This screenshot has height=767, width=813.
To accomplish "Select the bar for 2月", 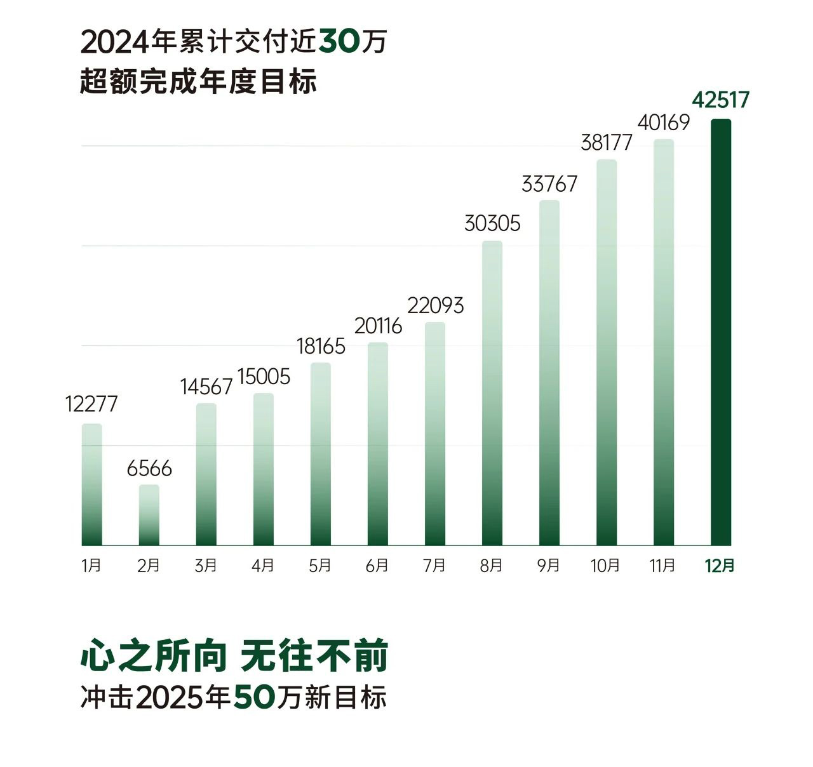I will tap(149, 515).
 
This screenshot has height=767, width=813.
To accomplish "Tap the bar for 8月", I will tap(492, 393).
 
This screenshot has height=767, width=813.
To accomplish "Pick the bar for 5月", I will tap(321, 454).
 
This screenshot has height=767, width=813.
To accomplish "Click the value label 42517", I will tap(720, 100).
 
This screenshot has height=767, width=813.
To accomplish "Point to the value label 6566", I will tap(149, 469).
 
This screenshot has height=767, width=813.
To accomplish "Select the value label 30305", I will tap(492, 223).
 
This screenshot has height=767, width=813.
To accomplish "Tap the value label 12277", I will tap(91, 404).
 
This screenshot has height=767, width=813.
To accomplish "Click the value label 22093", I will tap(435, 306).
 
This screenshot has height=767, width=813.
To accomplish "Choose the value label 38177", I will tap(607, 143).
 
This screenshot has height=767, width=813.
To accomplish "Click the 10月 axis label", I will tap(605, 565).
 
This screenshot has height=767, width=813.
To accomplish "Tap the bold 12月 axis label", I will tap(720, 565).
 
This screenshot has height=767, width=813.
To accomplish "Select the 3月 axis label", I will tap(206, 565).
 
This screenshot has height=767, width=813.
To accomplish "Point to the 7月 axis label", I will tap(434, 565).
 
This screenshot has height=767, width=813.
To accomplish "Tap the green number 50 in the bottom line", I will tap(254, 697).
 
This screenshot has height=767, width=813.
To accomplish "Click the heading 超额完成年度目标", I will tap(198, 82).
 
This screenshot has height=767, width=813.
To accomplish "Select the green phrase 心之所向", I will tap(153, 657).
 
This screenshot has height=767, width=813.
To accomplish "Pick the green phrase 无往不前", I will tap(314, 657).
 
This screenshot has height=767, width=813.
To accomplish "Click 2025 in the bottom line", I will tap(170, 697).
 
